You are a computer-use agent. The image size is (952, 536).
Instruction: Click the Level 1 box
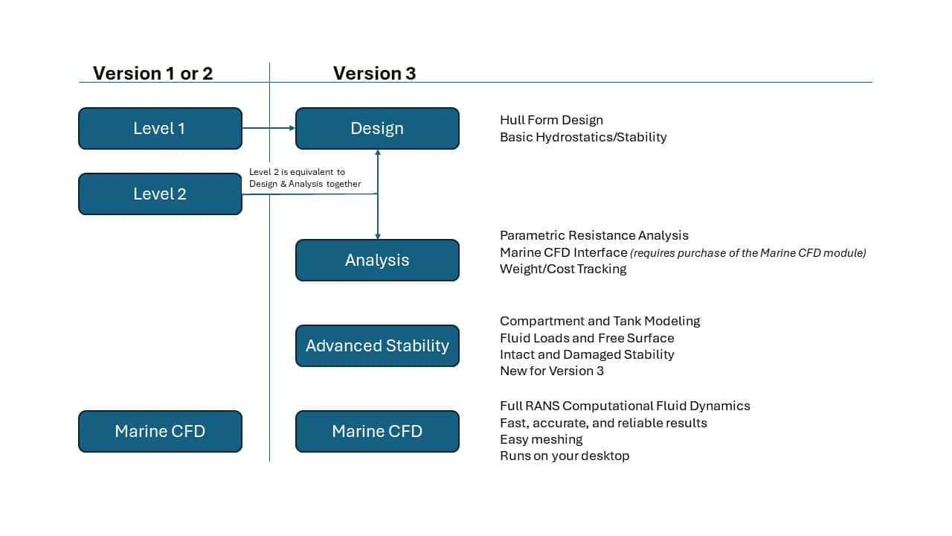tap(160, 128)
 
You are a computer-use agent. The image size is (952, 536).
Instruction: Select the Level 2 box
tap(160, 194)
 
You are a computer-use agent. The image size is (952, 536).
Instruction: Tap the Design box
tap(377, 128)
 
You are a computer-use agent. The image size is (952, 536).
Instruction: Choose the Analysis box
tap(377, 260)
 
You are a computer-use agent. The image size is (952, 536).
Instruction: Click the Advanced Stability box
tap(377, 345)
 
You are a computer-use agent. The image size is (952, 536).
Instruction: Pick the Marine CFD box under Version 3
tap(377, 431)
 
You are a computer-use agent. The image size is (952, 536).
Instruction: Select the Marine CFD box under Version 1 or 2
tap(160, 431)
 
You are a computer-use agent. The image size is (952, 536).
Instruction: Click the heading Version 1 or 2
tap(152, 73)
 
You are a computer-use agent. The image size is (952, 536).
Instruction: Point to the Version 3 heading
tap(374, 73)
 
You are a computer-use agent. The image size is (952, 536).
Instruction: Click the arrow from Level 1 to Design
tap(268, 128)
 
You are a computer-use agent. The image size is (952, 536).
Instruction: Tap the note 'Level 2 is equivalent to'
tap(297, 172)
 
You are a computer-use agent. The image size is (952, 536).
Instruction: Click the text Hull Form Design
tap(551, 120)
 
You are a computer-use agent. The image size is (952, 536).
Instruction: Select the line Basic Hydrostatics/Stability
tap(583, 137)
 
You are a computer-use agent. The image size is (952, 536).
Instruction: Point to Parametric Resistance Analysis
tap(594, 235)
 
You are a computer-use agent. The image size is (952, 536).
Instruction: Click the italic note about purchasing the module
tap(748, 253)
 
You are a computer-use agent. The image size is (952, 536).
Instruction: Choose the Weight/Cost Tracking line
tap(563, 269)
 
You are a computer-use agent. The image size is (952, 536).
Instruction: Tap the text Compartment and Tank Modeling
tap(600, 321)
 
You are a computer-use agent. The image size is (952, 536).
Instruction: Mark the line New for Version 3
tap(552, 371)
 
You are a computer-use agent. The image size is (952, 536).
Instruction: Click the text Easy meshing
tap(541, 439)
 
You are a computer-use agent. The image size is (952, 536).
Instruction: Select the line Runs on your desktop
tap(565, 456)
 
